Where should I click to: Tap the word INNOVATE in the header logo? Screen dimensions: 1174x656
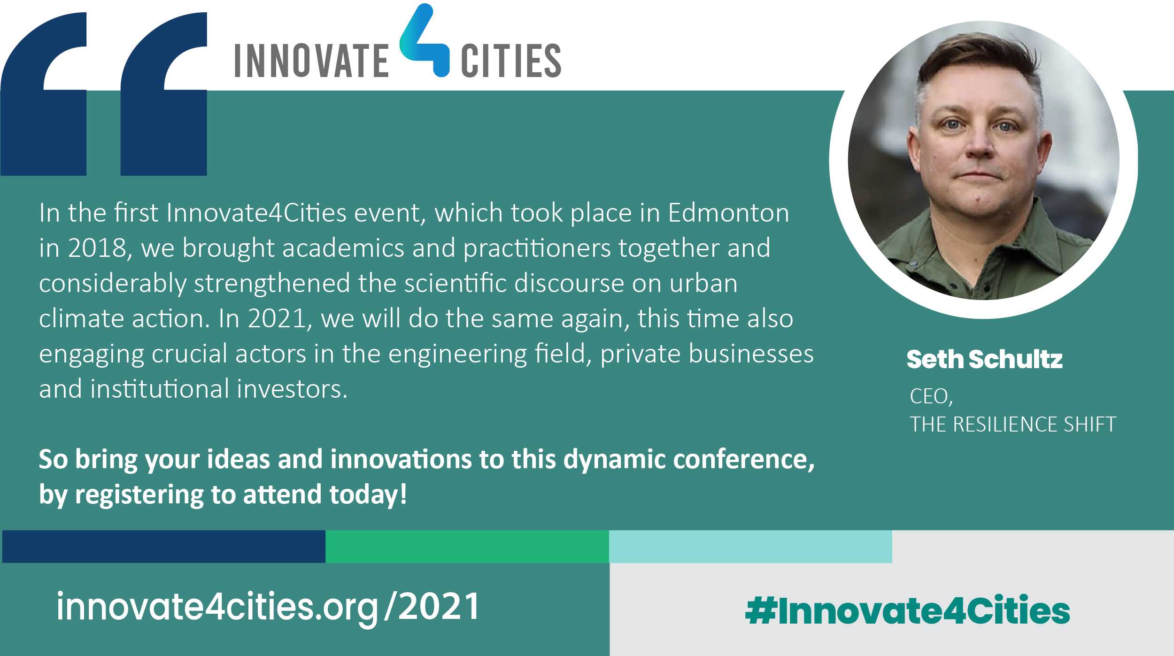[311, 61]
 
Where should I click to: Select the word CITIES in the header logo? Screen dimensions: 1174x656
[511, 61]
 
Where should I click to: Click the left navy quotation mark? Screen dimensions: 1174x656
[44, 94]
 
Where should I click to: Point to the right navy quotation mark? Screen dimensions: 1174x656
[164, 94]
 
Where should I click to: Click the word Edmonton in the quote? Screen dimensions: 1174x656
[728, 213]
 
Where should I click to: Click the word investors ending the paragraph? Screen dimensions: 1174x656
[292, 389]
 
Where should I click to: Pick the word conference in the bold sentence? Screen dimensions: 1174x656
[744, 459]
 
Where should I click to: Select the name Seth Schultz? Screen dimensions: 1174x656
[984, 359]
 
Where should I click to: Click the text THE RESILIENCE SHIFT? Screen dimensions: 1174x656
[1013, 424]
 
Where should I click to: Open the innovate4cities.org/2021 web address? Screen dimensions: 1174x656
[268, 608]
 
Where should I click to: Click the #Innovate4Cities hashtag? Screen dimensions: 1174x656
[908, 610]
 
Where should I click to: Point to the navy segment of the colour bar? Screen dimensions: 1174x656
[164, 547]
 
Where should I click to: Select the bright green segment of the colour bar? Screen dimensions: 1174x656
[467, 547]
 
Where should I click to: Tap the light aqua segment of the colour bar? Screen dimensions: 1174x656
[750, 547]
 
